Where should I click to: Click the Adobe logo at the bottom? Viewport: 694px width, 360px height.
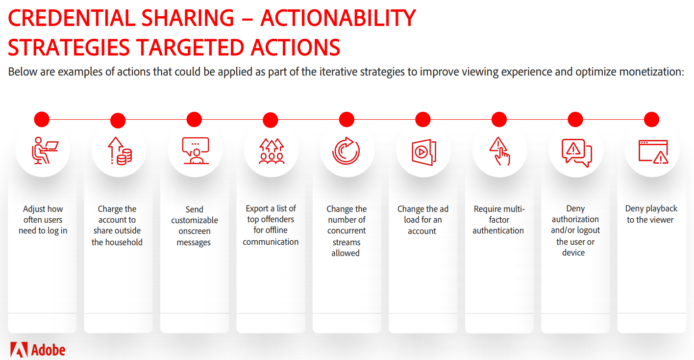coord(37,350)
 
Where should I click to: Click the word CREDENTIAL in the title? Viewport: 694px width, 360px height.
coord(72,18)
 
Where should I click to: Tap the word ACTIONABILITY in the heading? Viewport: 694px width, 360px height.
coord(338,18)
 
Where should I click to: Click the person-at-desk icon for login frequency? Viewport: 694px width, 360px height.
coord(45,151)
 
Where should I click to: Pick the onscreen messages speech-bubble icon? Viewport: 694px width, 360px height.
coord(196,151)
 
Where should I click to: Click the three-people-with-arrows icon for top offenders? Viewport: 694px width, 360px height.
coord(272,151)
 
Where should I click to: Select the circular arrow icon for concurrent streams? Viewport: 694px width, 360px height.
coord(346,151)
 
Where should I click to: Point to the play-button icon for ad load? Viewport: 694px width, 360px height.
coord(424,152)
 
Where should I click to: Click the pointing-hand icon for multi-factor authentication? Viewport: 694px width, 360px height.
coord(499,151)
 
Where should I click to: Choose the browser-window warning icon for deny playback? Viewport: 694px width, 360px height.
coord(653,152)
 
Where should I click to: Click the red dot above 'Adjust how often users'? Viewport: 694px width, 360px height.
coord(42,119)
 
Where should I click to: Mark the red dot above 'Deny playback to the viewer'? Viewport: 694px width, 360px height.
coord(651,119)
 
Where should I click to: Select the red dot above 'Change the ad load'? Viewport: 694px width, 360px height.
coord(423,119)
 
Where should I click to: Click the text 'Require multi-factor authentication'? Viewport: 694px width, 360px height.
coord(498,220)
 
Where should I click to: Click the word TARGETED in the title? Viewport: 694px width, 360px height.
coord(191,48)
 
